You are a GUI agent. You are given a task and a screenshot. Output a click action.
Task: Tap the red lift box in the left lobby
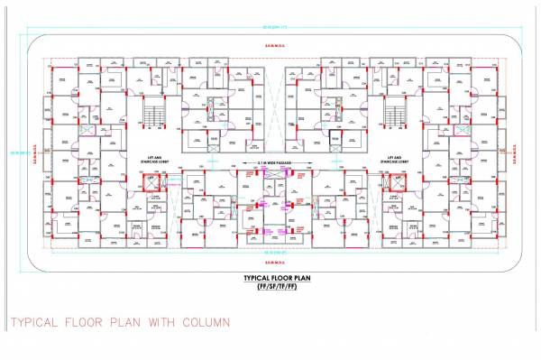[151, 183]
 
